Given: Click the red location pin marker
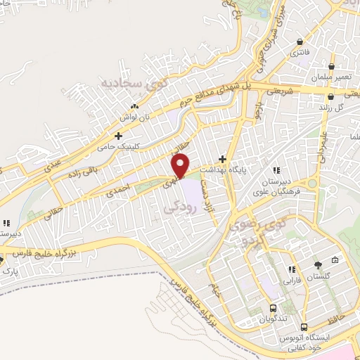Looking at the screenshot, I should point(182,165).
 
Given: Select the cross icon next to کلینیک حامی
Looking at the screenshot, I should point(119,135).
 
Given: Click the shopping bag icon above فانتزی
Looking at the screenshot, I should point(300,41).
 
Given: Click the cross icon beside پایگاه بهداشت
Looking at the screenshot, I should point(223,159).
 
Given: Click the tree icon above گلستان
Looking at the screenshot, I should point(319,265).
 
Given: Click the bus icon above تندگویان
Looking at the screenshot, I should point(273,307).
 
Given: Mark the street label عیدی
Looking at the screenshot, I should point(53,165).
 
